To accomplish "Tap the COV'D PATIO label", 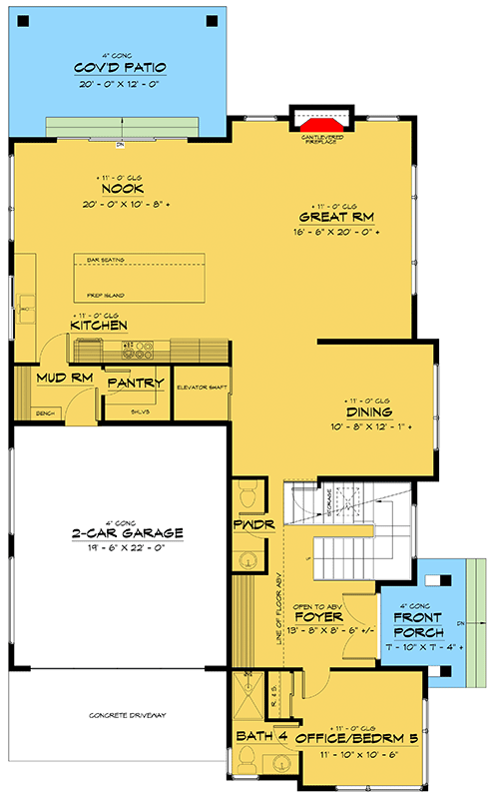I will pos(120,67).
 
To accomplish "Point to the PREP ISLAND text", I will pos(103,295).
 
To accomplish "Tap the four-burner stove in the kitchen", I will pos(137,350).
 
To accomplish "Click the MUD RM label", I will pos(63,379).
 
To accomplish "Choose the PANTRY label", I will pos(135,383).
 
